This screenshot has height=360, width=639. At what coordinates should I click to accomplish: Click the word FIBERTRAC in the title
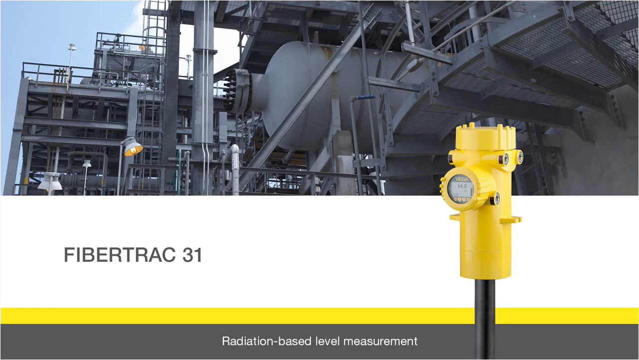[x=120, y=255]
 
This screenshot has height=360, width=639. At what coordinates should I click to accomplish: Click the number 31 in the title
[x=192, y=255]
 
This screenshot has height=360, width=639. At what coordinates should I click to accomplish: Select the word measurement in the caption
[x=380, y=342]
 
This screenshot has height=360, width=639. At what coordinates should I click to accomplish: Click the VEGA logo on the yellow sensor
[x=462, y=179]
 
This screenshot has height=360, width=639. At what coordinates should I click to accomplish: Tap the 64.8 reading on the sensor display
[x=462, y=186]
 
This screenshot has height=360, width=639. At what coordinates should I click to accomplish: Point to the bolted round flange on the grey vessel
[x=237, y=90]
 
